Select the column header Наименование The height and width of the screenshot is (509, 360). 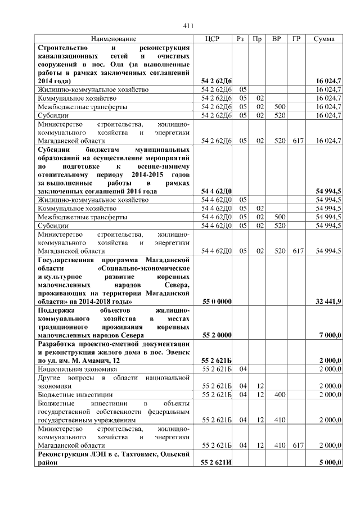coord(113,39)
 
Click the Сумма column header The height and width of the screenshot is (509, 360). coord(325,39)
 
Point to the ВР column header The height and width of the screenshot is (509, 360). coord(276,39)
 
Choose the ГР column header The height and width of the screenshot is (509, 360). coord(296,39)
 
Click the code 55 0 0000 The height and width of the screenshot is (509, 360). coord(217,302)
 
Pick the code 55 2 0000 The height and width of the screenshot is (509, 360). coord(217,335)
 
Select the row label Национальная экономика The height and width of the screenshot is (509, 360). coord(76,369)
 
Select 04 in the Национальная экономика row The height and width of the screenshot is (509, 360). coord(243,369)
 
